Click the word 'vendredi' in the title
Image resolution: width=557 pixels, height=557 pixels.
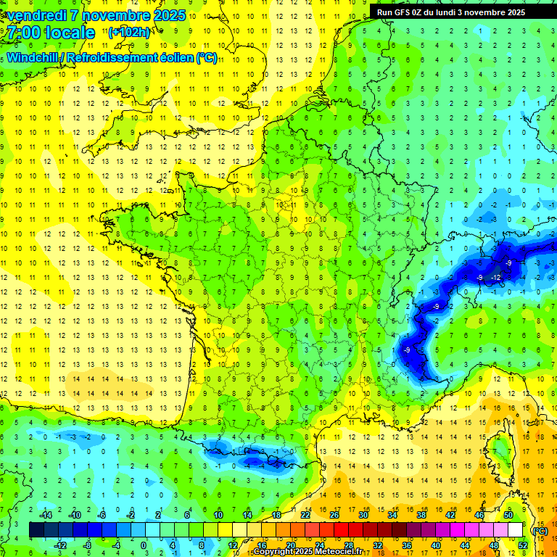pyautogui.click(x=37, y=15)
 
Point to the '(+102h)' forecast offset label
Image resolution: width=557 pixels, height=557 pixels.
pyautogui.click(x=129, y=33)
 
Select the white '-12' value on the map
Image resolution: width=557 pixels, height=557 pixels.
pyautogui.click(x=496, y=278)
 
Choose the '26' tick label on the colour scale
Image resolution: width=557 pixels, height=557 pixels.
pyautogui.click(x=334, y=515)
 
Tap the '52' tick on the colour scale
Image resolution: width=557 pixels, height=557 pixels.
pyautogui.click(x=522, y=545)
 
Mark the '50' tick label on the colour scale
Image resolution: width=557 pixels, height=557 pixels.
pyautogui.click(x=508, y=515)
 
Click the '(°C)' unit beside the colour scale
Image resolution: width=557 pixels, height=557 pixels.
pyautogui.click(x=540, y=530)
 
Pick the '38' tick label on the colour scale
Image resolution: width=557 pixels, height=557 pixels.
pyautogui.click(x=421, y=515)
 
